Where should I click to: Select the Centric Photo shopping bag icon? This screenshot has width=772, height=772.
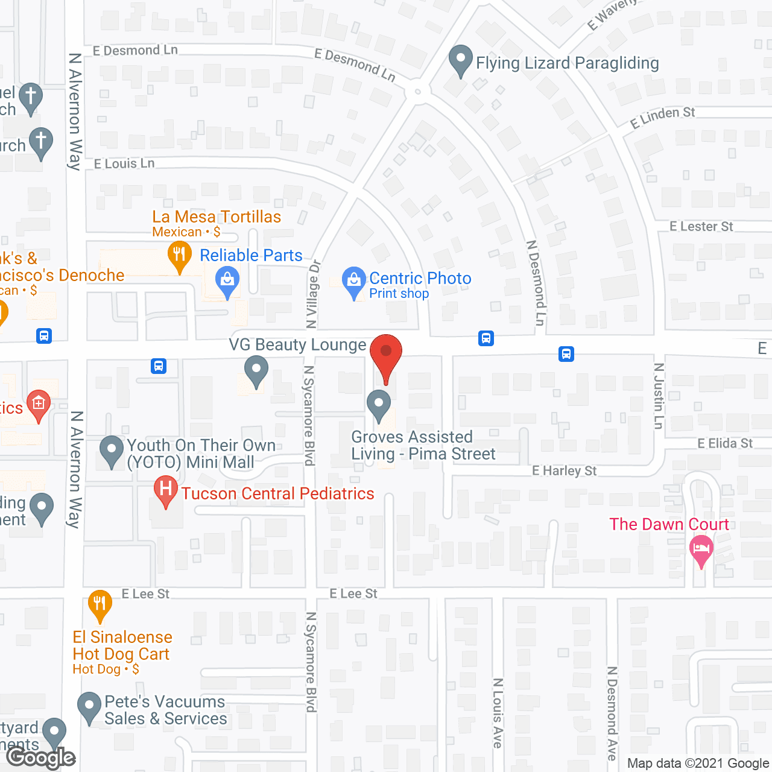354,282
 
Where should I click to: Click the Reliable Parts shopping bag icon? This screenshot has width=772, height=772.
227,282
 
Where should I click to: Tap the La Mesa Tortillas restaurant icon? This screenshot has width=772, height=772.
179,256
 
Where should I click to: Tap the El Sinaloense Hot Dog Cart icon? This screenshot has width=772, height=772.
100,604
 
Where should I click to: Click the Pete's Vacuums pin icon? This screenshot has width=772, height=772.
90,707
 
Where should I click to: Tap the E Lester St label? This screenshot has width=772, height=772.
701,227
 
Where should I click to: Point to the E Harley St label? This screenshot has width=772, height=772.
564,471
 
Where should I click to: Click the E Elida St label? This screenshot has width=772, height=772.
725,444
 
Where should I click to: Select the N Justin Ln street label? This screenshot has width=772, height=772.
659,396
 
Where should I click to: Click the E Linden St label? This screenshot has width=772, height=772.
662,118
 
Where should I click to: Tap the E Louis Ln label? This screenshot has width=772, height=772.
124,164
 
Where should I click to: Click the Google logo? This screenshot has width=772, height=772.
41,758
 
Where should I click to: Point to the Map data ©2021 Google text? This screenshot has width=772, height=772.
698,764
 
